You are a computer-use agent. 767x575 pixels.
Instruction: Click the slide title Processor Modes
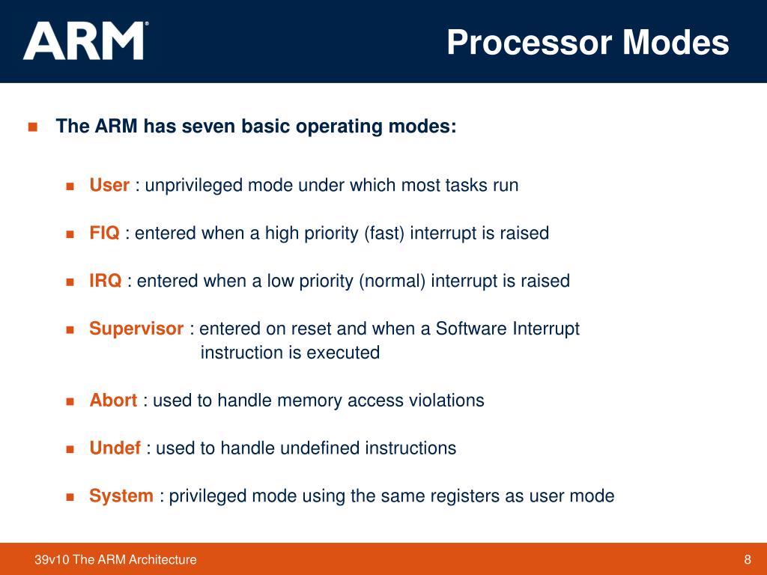(x=588, y=43)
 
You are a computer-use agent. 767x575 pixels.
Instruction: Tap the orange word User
(x=109, y=185)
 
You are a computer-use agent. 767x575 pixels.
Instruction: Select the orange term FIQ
(x=104, y=233)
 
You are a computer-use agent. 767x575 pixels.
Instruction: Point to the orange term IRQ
(x=106, y=281)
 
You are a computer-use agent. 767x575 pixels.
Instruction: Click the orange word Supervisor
(x=136, y=329)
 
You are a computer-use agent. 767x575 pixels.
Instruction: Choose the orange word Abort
(x=113, y=401)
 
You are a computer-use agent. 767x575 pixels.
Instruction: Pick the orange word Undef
(x=115, y=448)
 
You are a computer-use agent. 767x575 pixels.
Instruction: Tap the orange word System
(x=121, y=496)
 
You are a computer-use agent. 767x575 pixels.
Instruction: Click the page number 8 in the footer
(x=748, y=559)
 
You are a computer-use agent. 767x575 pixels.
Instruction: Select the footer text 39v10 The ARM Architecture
(x=115, y=559)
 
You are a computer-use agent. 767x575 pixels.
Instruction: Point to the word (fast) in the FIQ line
(x=384, y=233)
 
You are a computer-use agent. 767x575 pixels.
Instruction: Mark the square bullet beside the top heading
(x=32, y=126)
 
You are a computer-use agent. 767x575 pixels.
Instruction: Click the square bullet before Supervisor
(x=71, y=329)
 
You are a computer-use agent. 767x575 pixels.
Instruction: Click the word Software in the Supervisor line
(x=473, y=329)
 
